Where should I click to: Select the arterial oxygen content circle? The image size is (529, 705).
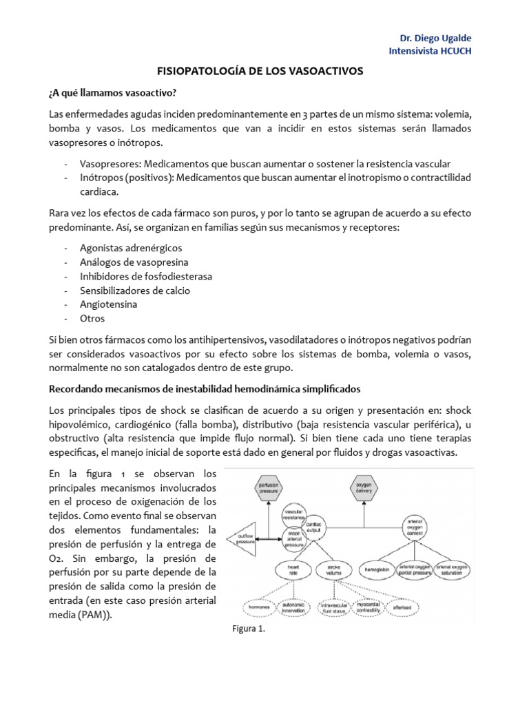[x=415, y=527]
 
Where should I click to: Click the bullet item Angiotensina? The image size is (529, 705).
[x=109, y=304]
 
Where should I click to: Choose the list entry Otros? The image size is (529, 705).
[x=92, y=319]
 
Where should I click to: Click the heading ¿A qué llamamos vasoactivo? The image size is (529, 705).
[x=111, y=92]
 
